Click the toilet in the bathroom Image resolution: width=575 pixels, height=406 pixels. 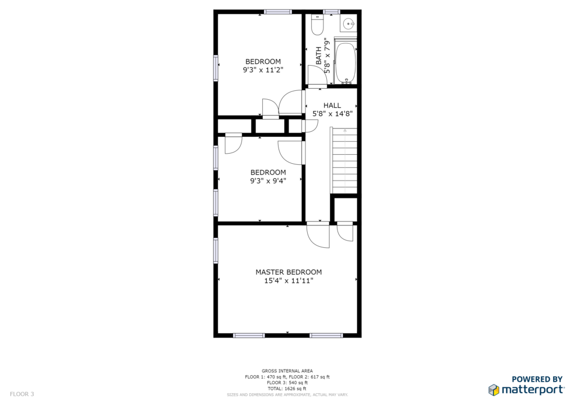(317, 25)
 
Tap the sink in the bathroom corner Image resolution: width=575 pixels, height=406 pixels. (348, 24)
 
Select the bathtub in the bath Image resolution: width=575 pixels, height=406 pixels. (346, 63)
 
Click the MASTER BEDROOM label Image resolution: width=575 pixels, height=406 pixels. (289, 272)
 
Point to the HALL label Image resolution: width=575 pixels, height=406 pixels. (332, 105)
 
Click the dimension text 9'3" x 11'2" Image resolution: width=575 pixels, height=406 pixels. (263, 70)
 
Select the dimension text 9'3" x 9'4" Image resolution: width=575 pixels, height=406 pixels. (268, 181)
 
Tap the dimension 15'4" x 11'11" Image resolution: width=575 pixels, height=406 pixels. (289, 281)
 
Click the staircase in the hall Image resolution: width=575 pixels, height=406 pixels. (344, 160)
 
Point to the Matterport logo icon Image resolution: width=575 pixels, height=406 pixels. (494, 390)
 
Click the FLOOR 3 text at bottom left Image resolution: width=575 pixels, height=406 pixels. (22, 394)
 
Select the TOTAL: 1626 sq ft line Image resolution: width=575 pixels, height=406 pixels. (287, 389)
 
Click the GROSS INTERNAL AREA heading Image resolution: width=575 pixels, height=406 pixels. (287, 371)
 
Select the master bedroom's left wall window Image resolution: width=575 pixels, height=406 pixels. (216, 251)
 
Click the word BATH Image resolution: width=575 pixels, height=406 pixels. (318, 56)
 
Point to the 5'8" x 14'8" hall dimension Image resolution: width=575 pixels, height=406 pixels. (332, 114)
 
